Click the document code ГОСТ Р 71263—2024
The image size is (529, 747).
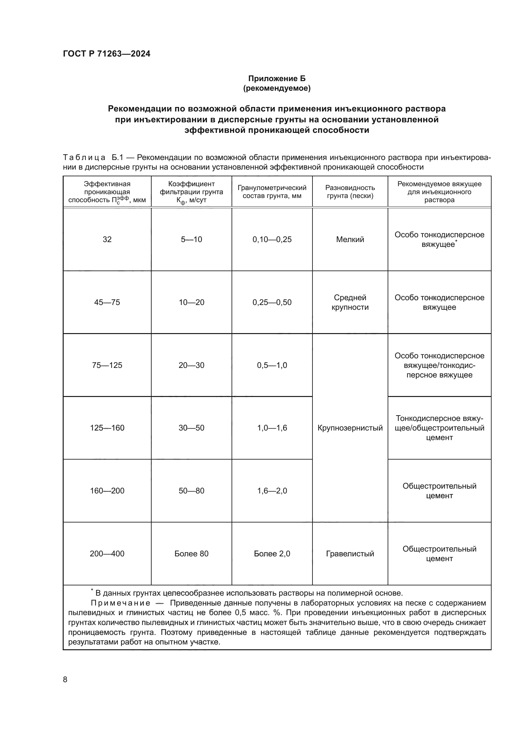107,54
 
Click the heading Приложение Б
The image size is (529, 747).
277,79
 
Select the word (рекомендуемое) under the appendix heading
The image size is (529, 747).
277,88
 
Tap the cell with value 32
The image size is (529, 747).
107,240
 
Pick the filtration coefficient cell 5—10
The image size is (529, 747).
191,240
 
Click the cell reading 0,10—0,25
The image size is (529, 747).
272,240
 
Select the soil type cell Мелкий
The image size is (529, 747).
350,240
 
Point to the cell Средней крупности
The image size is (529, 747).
350,302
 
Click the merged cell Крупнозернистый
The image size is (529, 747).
350,428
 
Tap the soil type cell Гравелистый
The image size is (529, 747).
350,554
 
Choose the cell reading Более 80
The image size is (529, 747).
191,554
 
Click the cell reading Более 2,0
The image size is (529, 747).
272,554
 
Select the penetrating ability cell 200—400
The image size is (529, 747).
107,554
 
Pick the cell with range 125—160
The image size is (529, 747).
107,428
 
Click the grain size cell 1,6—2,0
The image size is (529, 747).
272,491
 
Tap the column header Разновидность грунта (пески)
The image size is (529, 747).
350,192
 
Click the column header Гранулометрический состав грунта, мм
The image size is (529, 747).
272,192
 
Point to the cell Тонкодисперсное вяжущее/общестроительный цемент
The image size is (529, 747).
439,428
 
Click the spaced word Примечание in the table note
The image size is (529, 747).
120,603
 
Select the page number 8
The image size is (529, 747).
65,680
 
